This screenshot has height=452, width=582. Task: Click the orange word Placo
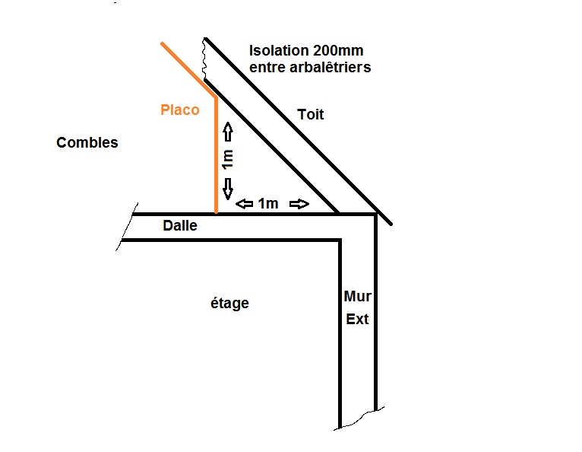(180, 110)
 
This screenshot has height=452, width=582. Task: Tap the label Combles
(87, 142)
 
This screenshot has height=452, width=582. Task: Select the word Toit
(310, 115)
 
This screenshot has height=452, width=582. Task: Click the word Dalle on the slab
(180, 226)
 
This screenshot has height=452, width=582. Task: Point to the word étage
(229, 304)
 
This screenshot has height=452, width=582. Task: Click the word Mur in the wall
(357, 296)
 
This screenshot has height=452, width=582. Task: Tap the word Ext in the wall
(357, 319)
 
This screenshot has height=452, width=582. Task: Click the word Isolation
(279, 51)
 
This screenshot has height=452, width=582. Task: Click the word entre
(269, 68)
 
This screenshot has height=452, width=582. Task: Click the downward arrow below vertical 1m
(228, 187)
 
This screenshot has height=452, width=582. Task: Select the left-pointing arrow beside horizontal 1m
(245, 204)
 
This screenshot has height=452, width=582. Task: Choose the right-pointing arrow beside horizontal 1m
(300, 204)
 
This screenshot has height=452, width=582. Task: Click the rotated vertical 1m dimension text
(228, 160)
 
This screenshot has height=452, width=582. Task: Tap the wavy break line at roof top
(204, 58)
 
